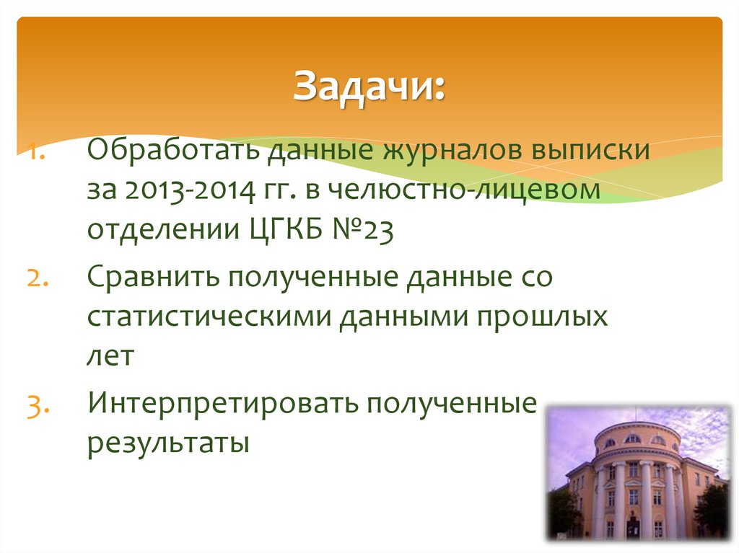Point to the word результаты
click(168, 442)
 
